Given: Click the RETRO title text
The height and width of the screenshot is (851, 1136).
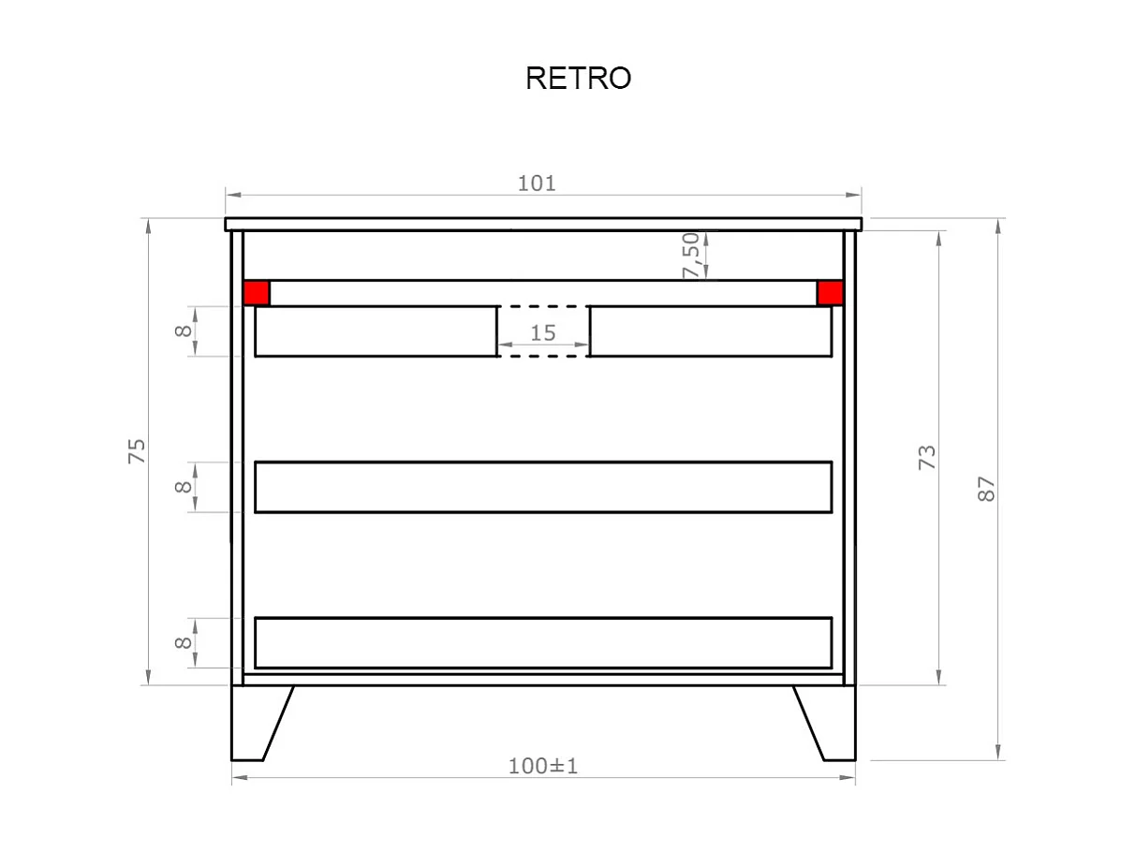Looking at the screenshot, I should (578, 79).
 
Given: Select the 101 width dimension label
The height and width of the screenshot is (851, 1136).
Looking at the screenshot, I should (537, 183).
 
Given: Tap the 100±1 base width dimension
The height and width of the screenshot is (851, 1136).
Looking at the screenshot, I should (543, 766).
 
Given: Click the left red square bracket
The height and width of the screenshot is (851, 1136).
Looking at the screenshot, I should (257, 293).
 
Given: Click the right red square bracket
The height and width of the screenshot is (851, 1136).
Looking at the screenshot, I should (830, 293).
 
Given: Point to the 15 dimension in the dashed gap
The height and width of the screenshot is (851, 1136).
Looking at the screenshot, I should (543, 332).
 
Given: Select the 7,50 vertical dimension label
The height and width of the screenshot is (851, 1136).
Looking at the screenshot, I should (691, 255).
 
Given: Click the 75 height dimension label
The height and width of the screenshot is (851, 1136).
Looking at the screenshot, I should (137, 451).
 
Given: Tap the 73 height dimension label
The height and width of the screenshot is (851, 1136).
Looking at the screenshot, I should (927, 457).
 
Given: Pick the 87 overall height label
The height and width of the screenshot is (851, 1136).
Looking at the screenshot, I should (986, 489).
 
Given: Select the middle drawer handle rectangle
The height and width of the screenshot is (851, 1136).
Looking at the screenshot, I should (543, 487).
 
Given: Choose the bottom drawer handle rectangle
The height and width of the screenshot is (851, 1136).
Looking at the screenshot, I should (543, 642).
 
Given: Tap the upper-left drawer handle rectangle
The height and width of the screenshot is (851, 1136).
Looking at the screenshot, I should (376, 331).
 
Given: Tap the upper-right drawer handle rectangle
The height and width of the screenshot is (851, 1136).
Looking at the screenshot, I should (711, 331).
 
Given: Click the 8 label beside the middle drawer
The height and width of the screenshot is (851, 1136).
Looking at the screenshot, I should (184, 487).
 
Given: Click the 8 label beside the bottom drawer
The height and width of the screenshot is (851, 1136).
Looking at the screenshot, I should (184, 642).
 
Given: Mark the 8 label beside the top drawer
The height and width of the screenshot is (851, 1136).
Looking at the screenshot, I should (184, 330).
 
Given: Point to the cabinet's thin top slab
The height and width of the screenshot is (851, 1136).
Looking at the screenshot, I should (543, 224).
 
